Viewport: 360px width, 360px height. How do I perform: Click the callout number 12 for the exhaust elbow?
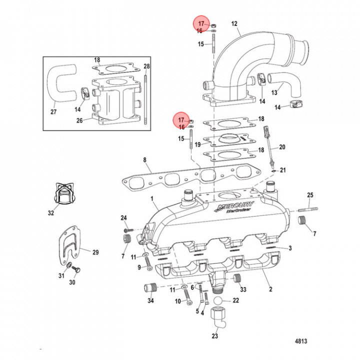pos(234,23)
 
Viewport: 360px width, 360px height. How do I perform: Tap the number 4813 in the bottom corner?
pos(300,342)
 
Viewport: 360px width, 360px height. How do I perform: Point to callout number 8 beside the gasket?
pos(144,160)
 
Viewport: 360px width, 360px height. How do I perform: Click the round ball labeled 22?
pos(218,301)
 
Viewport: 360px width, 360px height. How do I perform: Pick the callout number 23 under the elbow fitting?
pos(214,336)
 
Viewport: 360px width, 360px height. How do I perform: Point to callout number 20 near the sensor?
pos(282,147)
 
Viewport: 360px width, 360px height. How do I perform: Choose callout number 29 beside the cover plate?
pos(95,252)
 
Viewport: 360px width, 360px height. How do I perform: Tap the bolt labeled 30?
pos(77,270)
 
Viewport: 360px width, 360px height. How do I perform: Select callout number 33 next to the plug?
pos(243,289)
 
